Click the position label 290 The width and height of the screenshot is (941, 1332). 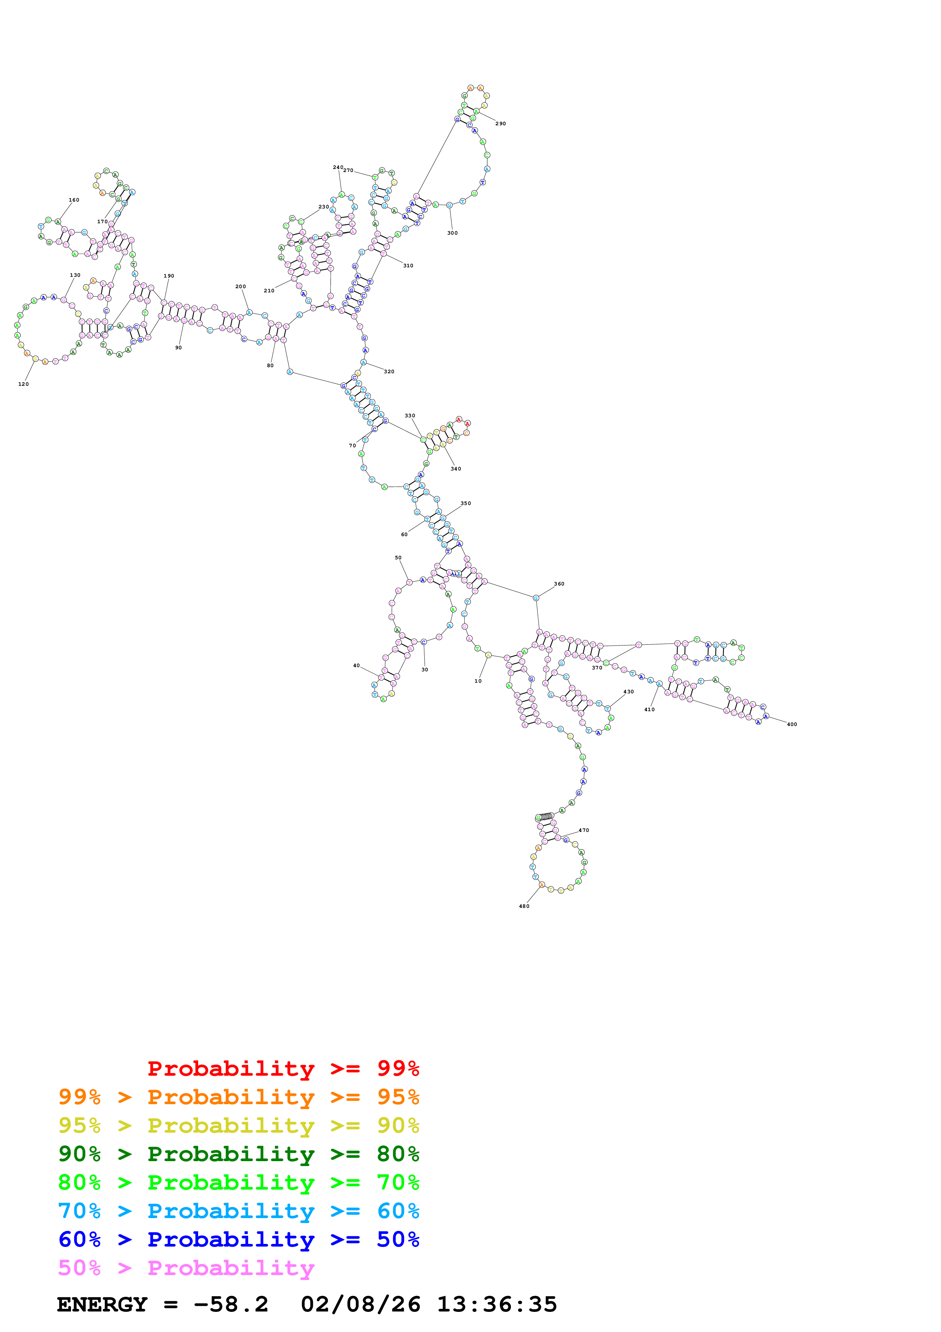tap(500, 123)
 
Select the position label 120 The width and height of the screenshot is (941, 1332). tap(23, 384)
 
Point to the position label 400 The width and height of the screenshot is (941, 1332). tap(791, 724)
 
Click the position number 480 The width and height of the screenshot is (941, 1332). tap(524, 906)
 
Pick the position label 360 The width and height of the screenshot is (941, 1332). tap(559, 584)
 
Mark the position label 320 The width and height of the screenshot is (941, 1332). tap(389, 371)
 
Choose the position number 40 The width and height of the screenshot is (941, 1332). tap(356, 665)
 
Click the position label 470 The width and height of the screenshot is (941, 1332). tap(584, 830)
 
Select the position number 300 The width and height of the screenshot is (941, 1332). tap(452, 233)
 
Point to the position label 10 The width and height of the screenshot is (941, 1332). tap(478, 681)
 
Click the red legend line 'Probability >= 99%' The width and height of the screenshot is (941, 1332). tap(283, 1068)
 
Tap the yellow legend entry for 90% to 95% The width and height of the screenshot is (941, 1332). tap(238, 1125)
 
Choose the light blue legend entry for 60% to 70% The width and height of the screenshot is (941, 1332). tap(238, 1211)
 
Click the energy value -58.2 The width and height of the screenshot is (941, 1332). tap(231, 1304)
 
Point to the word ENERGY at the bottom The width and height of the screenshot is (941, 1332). tap(102, 1304)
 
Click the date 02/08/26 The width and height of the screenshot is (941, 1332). tap(360, 1304)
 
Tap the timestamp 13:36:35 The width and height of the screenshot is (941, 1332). tap(497, 1304)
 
